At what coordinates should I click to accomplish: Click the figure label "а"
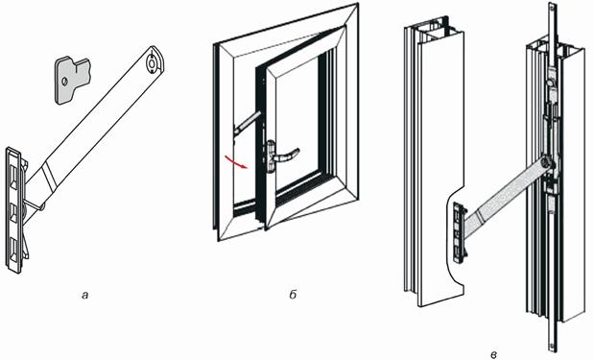point(84,296)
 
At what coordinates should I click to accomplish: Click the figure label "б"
point(293,295)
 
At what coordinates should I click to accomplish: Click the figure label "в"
point(493,355)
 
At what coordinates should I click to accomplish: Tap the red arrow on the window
point(236,161)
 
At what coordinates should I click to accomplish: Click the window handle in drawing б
point(281,156)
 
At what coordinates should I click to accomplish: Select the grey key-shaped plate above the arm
point(73,80)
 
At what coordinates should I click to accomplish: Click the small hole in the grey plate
point(64,81)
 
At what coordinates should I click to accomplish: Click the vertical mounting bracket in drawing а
point(15,210)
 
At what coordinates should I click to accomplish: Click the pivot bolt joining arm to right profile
point(546,162)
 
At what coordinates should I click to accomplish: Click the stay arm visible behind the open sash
point(247,123)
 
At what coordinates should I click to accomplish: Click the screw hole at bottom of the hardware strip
point(551,347)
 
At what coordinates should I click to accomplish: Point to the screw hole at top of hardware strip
point(551,7)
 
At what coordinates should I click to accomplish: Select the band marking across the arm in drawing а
point(49,175)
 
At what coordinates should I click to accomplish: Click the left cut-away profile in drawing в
point(434,163)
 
